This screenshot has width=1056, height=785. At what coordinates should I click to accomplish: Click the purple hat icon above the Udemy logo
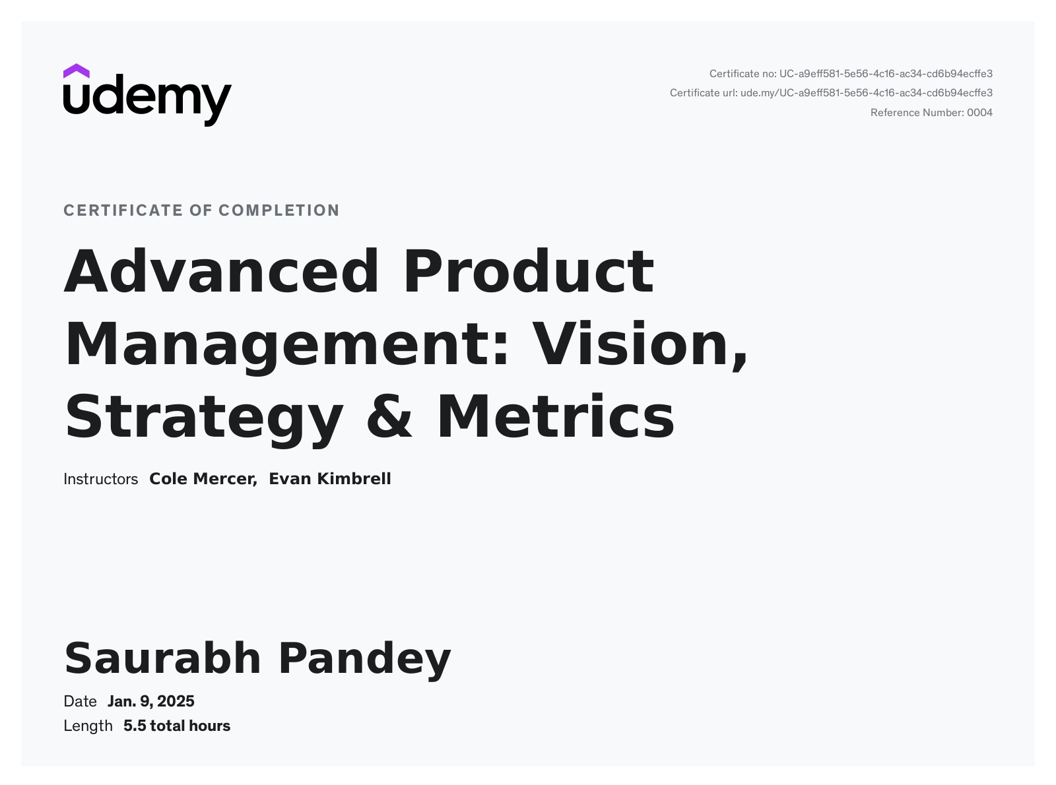coord(76,71)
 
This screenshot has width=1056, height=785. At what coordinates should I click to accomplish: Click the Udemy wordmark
coord(147,100)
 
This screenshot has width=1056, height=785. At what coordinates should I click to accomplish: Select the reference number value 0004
coord(979,113)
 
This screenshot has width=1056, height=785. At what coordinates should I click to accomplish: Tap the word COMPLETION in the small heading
coord(279,210)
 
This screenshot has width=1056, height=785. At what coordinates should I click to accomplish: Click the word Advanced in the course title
coord(221,271)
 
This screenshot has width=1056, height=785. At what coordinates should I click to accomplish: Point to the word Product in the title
coord(529,271)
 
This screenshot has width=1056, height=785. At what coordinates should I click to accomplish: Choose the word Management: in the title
coord(286,345)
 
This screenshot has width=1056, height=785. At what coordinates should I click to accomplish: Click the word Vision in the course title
coord(634,344)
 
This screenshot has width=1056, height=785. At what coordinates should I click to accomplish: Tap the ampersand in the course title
coord(389,416)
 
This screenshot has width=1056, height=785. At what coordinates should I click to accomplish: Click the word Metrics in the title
coord(556,416)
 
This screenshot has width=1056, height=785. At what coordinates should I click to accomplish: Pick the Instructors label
coord(100,479)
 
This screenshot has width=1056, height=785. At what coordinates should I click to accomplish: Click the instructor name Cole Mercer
coord(203,479)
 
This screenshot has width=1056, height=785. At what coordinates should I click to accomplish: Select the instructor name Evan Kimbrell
coord(330,479)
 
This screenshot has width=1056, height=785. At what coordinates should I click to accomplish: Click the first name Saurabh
coord(162,658)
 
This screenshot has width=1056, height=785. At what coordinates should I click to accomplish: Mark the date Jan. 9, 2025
coord(151,701)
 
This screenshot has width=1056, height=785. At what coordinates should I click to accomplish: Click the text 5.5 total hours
coord(177,726)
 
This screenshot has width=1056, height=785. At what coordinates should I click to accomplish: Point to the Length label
coord(88,726)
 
